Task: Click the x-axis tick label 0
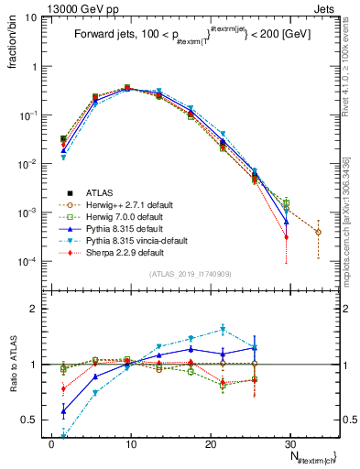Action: (x=51, y=442)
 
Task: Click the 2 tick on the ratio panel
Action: (x=34, y=309)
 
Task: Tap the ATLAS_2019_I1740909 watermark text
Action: (x=190, y=274)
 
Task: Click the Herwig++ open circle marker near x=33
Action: (x=318, y=232)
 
